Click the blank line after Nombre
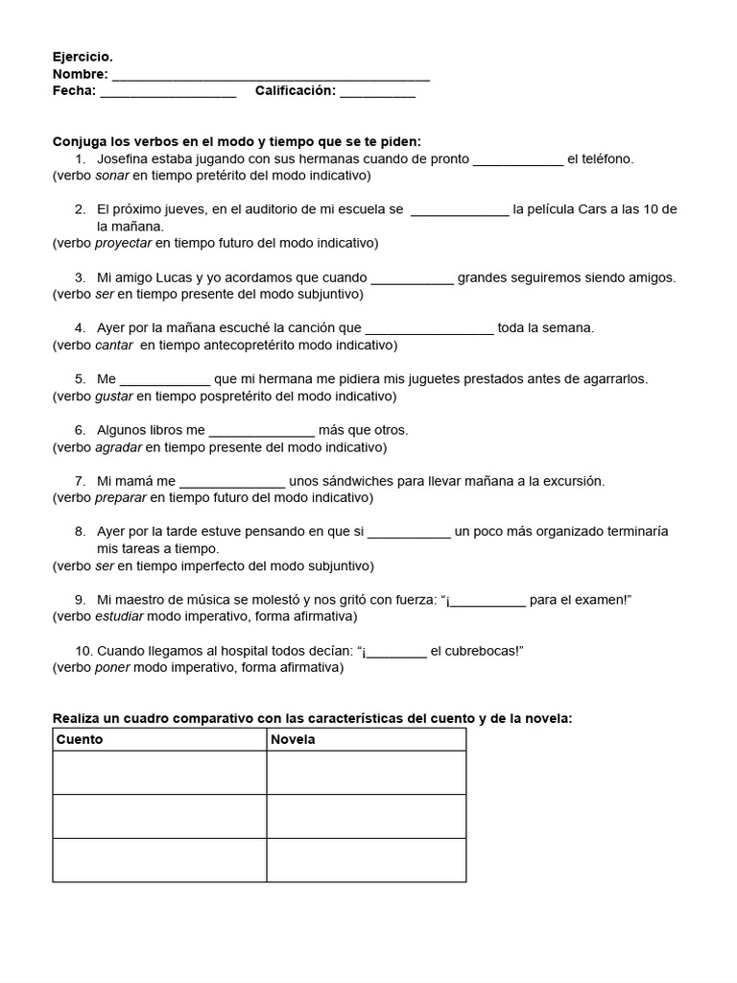[271, 75]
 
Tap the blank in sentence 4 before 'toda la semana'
[429, 328]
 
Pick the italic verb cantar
[114, 345]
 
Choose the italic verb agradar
[118, 446]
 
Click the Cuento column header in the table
[80, 740]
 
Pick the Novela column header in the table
[293, 740]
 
